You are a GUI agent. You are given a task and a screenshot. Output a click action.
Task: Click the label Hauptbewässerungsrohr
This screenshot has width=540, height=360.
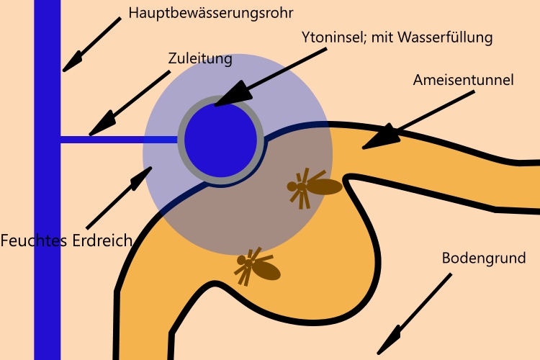[x=211, y=13]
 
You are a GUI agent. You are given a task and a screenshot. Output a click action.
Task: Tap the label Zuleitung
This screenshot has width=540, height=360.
[x=201, y=59]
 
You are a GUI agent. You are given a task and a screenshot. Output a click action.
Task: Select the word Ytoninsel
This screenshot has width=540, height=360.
[x=333, y=37]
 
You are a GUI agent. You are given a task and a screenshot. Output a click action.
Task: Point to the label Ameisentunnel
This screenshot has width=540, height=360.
[x=463, y=80]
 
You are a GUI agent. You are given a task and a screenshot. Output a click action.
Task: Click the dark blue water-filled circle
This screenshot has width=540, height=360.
[x=220, y=140]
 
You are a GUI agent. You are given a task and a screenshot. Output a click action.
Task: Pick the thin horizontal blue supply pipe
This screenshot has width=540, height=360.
[x=119, y=139]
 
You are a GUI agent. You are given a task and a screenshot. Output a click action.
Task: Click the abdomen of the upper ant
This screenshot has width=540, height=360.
[x=325, y=187]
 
